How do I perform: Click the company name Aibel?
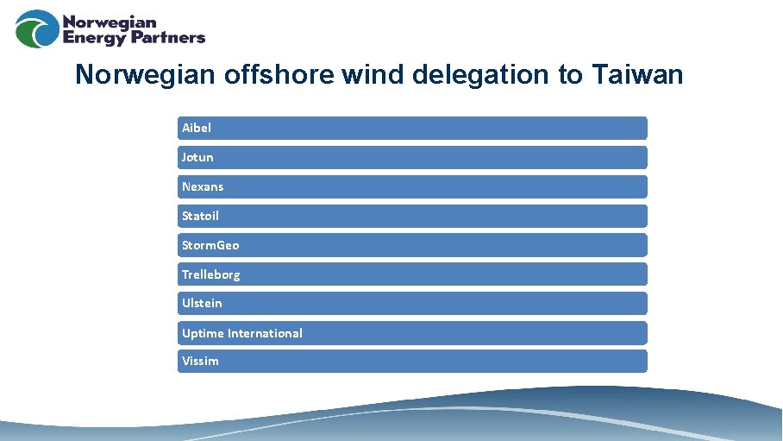pos(197,128)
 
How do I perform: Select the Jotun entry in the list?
pos(197,157)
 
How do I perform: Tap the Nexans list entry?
pos(203,186)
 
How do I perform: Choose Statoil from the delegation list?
pos(201,216)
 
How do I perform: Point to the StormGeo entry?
pos(210,245)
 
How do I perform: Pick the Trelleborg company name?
pos(211,274)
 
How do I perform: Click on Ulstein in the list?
pos(202,303)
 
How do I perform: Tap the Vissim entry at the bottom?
pos(200,362)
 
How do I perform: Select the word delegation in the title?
pos(481,75)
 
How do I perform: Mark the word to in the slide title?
pos(570,75)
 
